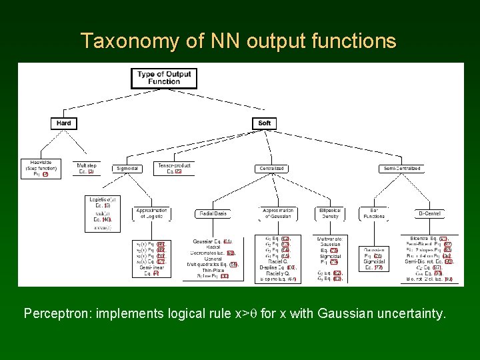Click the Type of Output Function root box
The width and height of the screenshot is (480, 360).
coord(164,78)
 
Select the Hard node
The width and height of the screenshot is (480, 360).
coord(64,123)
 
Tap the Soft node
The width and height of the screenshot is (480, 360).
coord(265,123)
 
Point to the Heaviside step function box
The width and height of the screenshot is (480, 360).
coord(41,168)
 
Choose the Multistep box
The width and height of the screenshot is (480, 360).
coord(85,168)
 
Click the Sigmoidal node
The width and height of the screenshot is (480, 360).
coord(127,169)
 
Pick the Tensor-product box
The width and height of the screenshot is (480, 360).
coord(174,168)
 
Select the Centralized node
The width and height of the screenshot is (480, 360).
coord(272,169)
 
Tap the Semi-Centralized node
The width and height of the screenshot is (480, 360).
coord(403,169)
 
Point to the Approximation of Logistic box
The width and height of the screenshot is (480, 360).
coord(151,213)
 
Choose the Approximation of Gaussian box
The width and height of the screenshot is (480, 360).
coord(278,213)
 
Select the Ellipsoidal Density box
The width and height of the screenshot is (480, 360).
coord(331,213)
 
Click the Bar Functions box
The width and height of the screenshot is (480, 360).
coord(373,213)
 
